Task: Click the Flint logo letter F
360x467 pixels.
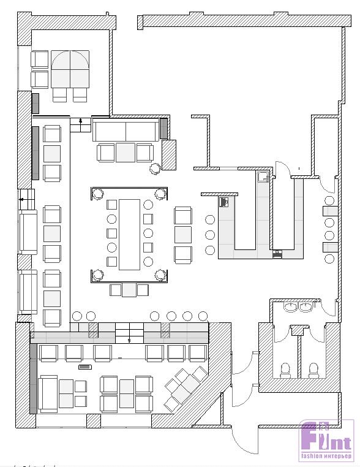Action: pyautogui.click(x=307, y=436)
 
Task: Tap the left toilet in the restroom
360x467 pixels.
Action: pyautogui.click(x=285, y=371)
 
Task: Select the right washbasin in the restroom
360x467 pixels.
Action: pyautogui.click(x=306, y=307)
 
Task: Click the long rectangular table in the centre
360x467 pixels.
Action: pyautogui.click(x=129, y=235)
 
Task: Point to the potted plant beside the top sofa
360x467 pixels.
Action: pyautogui.click(x=155, y=169)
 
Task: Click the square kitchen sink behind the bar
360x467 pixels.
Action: pyautogui.click(x=263, y=177)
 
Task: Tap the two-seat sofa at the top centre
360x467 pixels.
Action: pyautogui.click(x=126, y=130)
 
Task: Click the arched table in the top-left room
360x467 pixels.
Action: pyautogui.click(x=70, y=69)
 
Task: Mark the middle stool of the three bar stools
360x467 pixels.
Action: pyautogui.click(x=210, y=235)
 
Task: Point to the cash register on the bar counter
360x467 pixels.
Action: pyautogui.click(x=223, y=202)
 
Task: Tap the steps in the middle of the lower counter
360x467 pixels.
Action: pyautogui.click(x=129, y=333)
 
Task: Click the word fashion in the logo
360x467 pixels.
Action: pyautogui.click(x=311, y=456)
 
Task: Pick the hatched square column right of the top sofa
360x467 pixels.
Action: pyautogui.click(x=169, y=155)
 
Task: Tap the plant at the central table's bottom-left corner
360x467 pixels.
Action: pyautogui.click(x=97, y=275)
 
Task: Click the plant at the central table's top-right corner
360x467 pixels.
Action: pyautogui.click(x=160, y=194)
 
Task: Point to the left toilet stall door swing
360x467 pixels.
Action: pyautogui.click(x=281, y=334)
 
